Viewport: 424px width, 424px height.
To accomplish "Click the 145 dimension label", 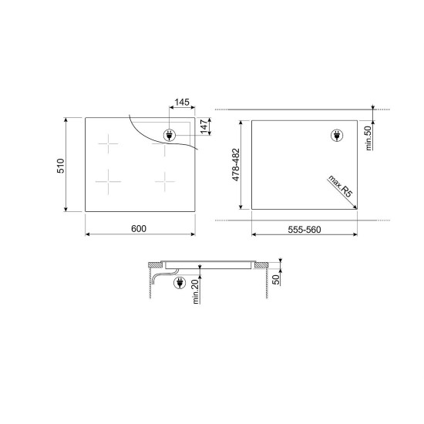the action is tap(182, 103).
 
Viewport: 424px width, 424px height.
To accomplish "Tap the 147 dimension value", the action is tap(205, 126).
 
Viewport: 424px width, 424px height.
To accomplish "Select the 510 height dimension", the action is tap(61, 166).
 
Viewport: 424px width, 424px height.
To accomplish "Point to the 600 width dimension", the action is tap(139, 229).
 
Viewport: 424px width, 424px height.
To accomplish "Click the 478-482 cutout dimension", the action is tap(236, 165).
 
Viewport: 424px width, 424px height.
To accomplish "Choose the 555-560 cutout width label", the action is tap(305, 230).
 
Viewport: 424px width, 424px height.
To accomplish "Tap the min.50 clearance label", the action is tap(368, 139).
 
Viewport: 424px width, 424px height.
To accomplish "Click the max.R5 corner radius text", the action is tap(341, 187).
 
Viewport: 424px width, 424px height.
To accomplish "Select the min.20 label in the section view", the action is tap(195, 291).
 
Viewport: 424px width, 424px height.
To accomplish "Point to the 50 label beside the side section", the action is tap(276, 280).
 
